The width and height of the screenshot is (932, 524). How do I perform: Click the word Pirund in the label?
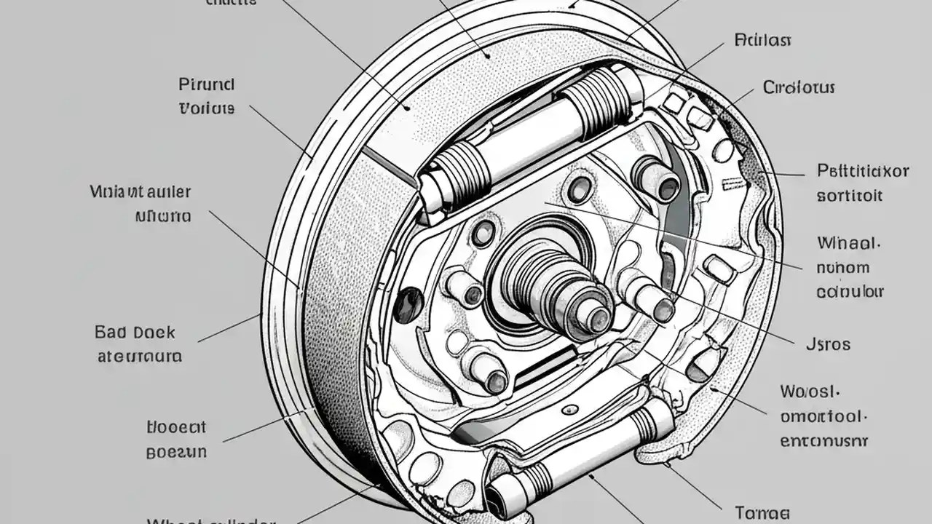[x=206, y=84]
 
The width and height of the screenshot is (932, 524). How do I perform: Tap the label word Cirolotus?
[x=799, y=88]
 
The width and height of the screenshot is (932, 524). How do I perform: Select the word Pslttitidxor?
[x=863, y=172]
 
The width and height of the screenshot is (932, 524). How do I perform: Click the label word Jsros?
[x=828, y=344]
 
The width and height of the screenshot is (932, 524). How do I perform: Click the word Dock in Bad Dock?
[x=155, y=333]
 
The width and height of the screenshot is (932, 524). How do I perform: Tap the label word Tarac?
[x=762, y=512]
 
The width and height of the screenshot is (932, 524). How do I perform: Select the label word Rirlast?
[x=762, y=39]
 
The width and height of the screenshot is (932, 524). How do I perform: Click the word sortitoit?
[x=849, y=196]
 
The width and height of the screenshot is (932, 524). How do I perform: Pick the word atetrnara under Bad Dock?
[x=139, y=357]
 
